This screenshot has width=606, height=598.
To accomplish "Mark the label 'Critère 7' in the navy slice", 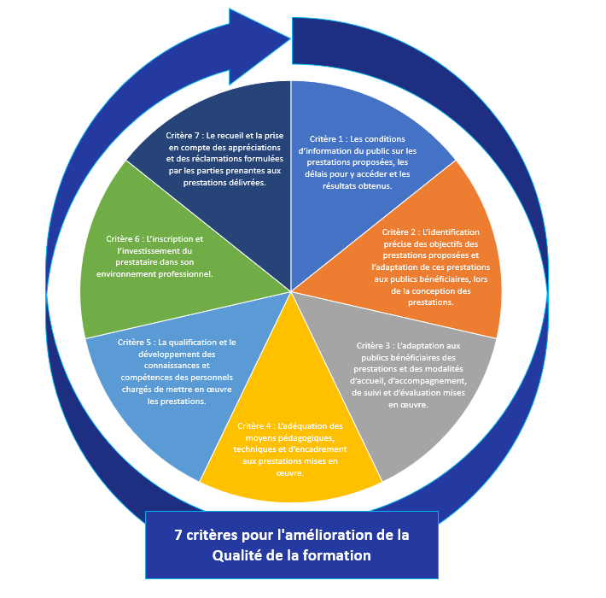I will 183,135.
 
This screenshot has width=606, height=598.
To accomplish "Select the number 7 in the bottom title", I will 178,535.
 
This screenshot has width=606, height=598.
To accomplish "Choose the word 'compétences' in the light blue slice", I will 144,378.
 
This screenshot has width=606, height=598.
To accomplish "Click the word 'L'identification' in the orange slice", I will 451,232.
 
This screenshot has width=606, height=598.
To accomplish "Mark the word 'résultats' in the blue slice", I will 346,185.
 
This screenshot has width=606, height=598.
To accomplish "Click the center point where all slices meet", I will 291,291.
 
